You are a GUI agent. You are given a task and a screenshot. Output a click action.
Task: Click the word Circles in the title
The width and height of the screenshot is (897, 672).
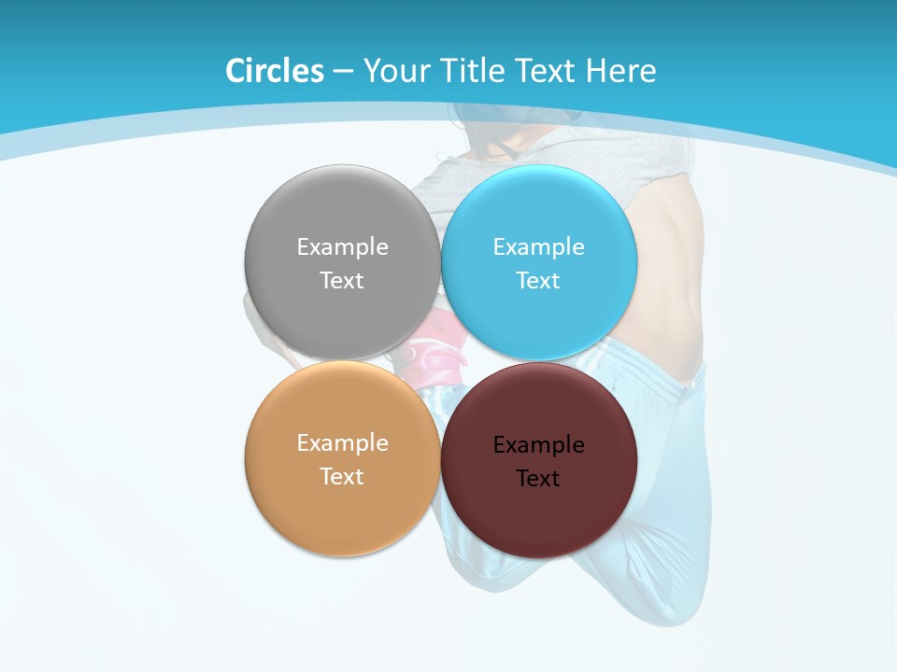(x=275, y=71)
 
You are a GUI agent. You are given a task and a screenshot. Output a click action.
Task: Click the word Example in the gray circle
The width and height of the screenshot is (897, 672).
(x=342, y=247)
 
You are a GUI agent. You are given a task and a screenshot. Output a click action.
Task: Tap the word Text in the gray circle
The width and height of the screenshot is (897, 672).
(x=342, y=281)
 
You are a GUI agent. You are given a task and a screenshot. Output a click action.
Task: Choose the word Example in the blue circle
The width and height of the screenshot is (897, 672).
(x=538, y=247)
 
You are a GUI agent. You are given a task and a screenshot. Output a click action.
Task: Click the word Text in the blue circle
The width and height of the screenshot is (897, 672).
(x=538, y=281)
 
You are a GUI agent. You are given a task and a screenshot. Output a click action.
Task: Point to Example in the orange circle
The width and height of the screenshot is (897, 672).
(x=342, y=443)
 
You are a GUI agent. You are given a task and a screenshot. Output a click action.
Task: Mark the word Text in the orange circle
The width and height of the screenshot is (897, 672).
(x=342, y=477)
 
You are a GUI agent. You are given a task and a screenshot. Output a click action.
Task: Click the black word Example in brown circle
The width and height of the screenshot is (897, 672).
(x=538, y=445)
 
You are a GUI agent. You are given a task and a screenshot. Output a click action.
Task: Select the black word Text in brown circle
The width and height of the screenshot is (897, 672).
(x=538, y=479)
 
